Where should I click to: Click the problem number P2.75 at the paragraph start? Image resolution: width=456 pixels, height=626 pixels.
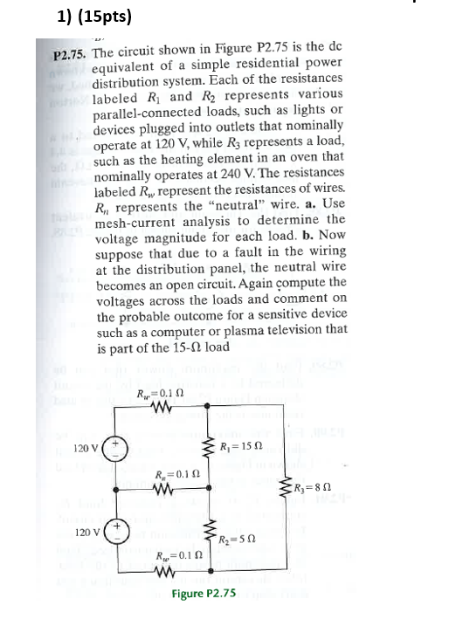point(68,54)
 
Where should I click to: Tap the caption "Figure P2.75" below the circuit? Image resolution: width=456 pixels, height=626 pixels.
point(204,593)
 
